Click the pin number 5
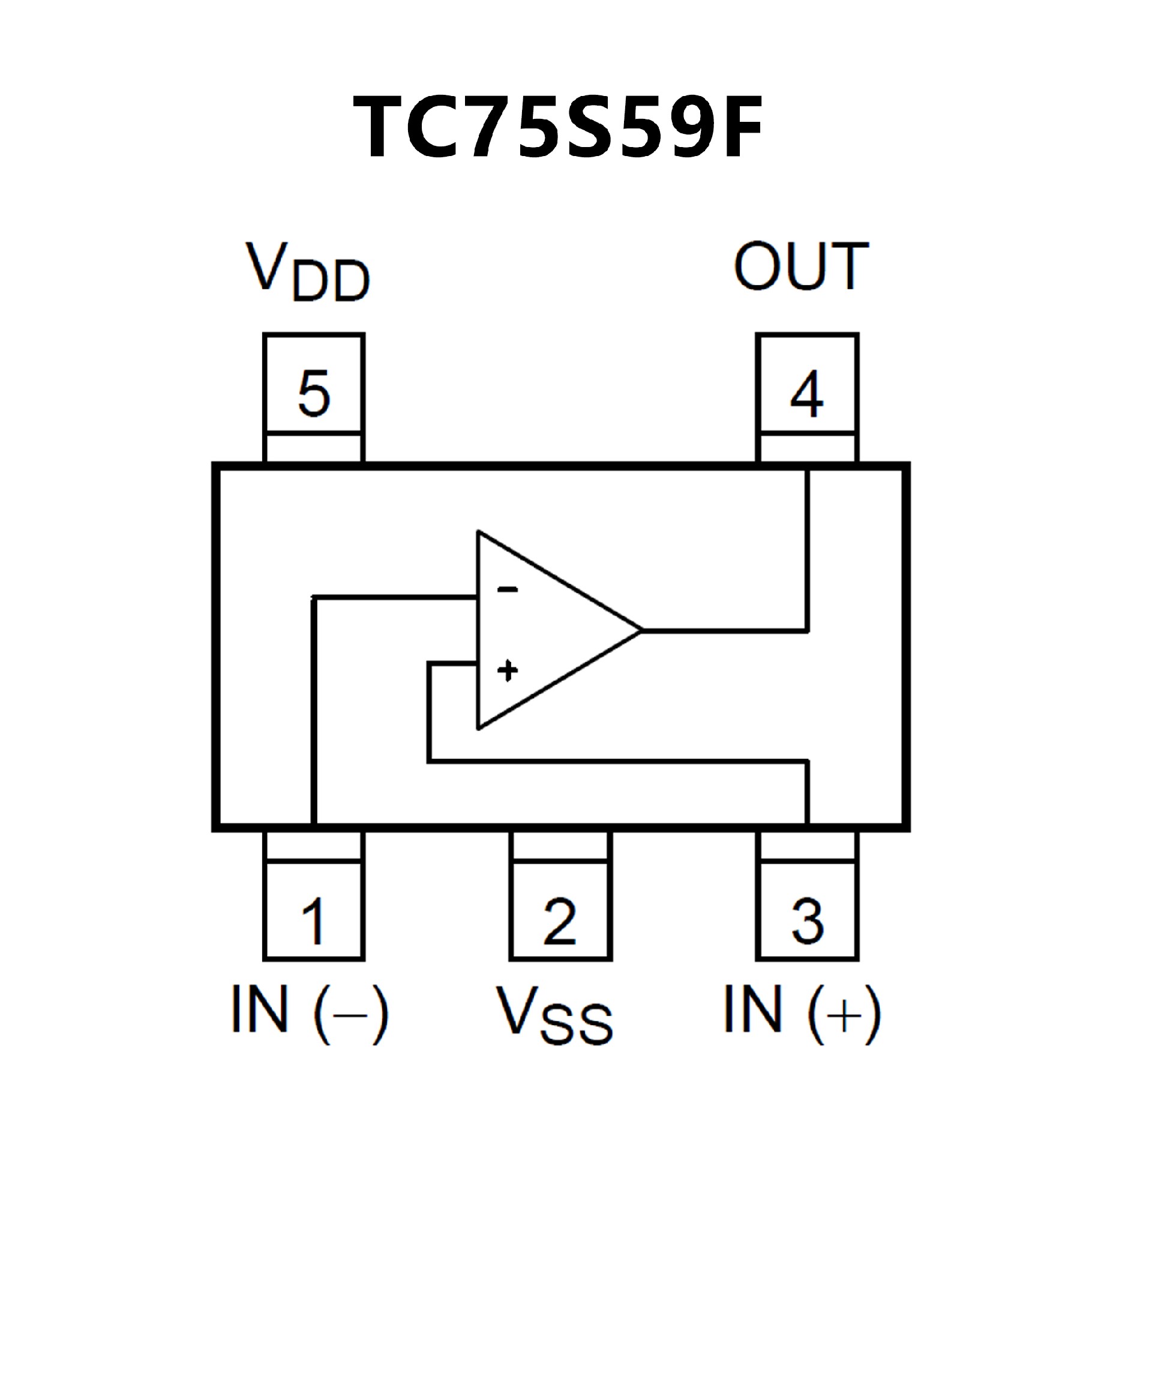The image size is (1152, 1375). pos(314,394)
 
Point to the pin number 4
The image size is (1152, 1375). pos(806,394)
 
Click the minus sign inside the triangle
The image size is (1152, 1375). pos(507,590)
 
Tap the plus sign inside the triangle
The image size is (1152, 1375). pos(507,670)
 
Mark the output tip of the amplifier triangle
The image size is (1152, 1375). pos(641,631)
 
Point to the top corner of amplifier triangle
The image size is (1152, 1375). pos(478,532)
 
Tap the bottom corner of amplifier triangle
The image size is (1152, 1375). pos(478,729)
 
